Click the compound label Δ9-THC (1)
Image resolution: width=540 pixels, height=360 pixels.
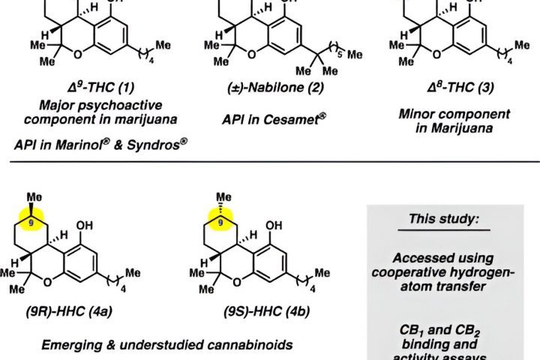(x=82, y=88)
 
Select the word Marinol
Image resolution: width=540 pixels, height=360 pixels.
(x=75, y=144)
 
